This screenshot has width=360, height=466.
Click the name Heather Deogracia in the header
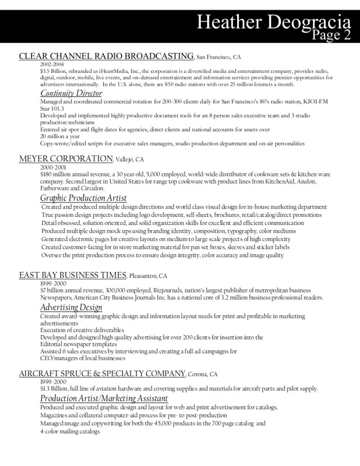(274, 22)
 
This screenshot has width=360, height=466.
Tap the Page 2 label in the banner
(332, 35)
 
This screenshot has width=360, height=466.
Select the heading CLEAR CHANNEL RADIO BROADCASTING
(106, 56)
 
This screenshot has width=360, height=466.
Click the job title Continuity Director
(71, 93)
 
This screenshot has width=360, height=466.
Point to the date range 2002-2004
(52, 64)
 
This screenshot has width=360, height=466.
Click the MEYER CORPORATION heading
(66, 159)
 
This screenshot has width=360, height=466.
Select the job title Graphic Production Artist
(83, 198)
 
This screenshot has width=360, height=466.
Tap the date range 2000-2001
(53, 167)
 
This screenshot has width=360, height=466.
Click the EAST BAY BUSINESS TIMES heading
(72, 275)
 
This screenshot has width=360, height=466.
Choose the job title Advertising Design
(71, 307)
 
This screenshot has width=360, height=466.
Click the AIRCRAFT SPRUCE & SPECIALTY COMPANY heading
(102, 374)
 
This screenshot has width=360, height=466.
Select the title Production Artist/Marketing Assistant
(104, 399)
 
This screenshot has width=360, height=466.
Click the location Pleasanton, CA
(148, 276)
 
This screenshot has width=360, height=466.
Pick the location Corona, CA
(203, 374)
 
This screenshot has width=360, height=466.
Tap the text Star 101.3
(52, 108)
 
